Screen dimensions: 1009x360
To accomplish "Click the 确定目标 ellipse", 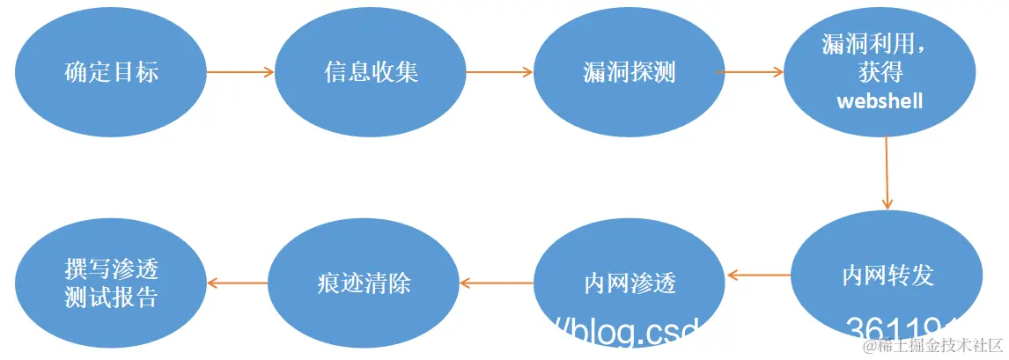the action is (x=111, y=72).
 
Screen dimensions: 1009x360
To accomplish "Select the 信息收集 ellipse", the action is (x=370, y=72).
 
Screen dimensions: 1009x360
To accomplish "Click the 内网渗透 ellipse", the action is (x=630, y=283).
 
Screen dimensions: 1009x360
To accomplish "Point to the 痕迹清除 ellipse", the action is (x=363, y=283).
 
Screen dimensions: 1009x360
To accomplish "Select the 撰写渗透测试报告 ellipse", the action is (x=111, y=283).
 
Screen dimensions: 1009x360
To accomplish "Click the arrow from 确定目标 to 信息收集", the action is (x=240, y=72).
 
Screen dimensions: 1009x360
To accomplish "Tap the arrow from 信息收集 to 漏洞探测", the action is (x=499, y=72).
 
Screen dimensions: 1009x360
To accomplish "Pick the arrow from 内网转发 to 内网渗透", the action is (x=759, y=275).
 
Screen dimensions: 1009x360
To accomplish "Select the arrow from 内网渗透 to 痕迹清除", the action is (x=496, y=283).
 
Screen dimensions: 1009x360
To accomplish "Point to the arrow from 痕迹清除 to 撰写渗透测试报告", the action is (x=237, y=283).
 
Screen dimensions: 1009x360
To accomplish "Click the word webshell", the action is (x=880, y=101).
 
